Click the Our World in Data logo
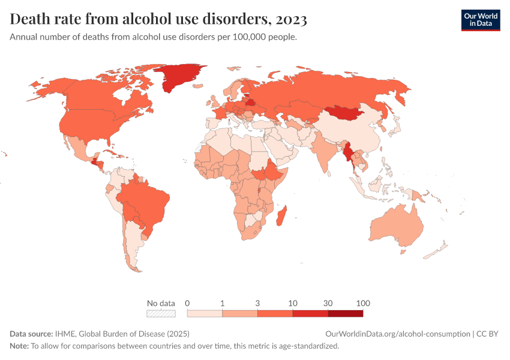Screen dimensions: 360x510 coord(480,20)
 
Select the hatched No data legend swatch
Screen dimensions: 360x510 coord(161,313)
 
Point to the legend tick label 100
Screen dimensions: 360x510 coord(362,303)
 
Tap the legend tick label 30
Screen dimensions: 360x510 coord(328,303)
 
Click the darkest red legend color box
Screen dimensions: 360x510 coord(346,313)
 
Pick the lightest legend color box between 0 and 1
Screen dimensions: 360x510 coord(205,313)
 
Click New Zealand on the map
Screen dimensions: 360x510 coord(438,249)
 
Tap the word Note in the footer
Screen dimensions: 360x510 coord(19,346)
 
